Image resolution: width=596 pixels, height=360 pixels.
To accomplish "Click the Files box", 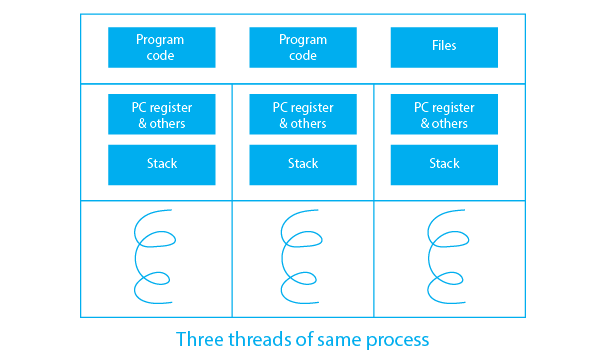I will point(443,47).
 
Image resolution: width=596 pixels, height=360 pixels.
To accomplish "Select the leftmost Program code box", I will point(161,47).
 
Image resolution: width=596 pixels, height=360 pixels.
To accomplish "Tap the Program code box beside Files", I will point(302,47).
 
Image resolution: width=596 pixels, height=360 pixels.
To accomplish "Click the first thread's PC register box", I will point(161,114).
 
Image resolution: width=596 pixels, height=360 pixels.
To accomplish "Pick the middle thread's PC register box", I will point(302,114).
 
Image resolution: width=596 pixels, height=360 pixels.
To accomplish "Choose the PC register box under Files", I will point(443,114).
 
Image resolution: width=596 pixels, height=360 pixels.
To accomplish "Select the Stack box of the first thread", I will point(161,164).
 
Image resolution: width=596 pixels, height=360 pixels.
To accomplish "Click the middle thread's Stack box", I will point(302,164).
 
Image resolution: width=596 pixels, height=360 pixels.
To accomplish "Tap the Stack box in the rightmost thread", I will point(443,164).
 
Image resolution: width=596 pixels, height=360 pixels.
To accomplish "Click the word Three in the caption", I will point(199,339).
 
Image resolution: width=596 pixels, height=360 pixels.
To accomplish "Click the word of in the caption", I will point(304,339).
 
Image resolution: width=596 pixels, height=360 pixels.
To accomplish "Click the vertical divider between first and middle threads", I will point(232,200).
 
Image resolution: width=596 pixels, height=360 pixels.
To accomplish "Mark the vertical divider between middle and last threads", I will point(374,200).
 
